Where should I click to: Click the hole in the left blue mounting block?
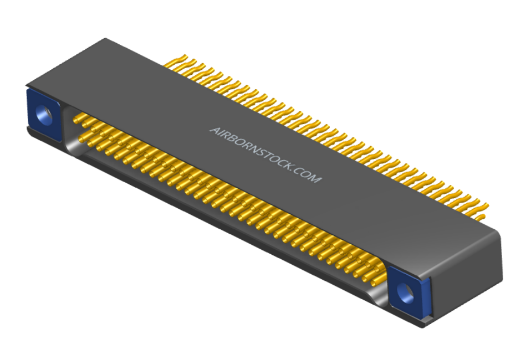click(44, 115)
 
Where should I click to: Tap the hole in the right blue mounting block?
click(406, 292)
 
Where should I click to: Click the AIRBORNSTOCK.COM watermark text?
click(265, 155)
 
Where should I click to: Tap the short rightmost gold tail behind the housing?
click(481, 218)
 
